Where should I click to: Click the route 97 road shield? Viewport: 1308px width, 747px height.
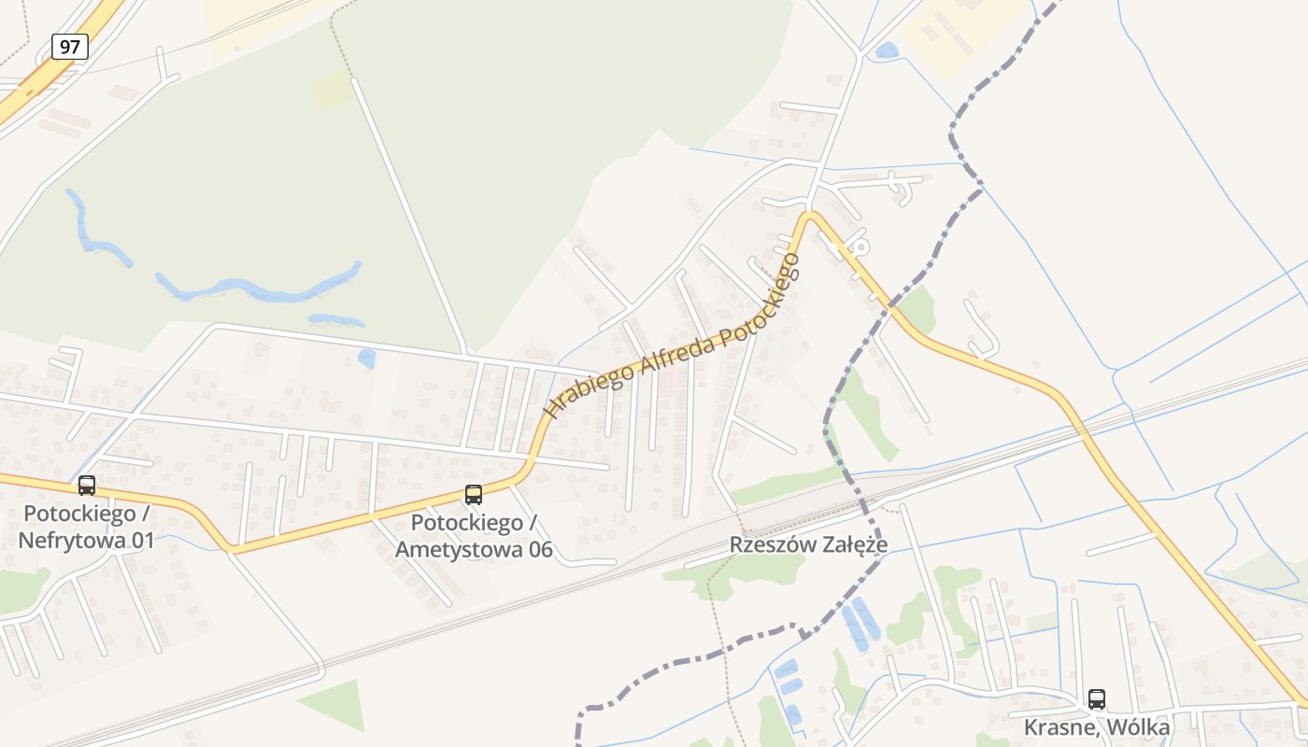[70, 47]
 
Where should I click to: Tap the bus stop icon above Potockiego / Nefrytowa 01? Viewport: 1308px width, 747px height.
[87, 486]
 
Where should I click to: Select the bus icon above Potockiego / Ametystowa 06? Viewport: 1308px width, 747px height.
[474, 495]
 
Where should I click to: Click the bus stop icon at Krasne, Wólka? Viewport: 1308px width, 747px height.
[1097, 699]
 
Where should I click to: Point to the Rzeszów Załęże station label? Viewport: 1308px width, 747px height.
[808, 544]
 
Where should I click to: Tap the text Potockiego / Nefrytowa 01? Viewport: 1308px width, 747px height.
[87, 527]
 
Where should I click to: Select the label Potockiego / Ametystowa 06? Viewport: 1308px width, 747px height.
[474, 536]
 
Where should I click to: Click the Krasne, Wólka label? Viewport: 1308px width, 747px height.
[1097, 726]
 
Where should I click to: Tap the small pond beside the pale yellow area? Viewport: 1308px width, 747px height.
[887, 50]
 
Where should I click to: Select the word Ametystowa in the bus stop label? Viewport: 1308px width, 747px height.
[449, 549]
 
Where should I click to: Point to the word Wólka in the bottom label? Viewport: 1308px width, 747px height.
[1137, 726]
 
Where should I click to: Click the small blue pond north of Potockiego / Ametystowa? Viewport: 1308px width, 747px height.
[366, 358]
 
